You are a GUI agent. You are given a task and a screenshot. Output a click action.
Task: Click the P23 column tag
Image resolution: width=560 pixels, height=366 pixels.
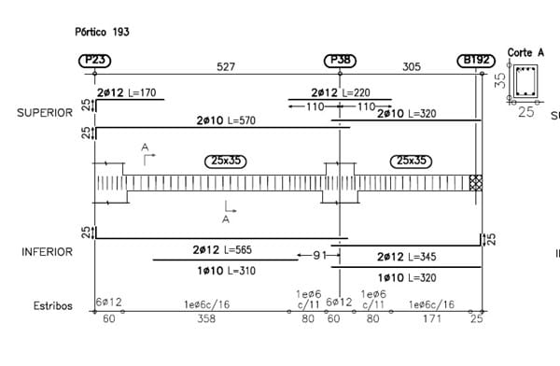click(x=94, y=61)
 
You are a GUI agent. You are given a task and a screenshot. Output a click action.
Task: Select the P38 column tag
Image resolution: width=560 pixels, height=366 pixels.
click(x=340, y=61)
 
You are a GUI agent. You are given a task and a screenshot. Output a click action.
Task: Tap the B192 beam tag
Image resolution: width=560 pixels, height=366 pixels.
click(x=476, y=61)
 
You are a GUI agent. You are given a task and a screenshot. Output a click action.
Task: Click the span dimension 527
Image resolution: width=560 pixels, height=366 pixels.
click(x=226, y=67)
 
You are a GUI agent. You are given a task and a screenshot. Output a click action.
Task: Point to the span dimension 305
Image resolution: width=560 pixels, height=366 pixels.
click(x=412, y=67)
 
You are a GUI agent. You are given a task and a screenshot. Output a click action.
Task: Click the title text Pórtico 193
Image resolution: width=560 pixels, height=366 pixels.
click(x=102, y=32)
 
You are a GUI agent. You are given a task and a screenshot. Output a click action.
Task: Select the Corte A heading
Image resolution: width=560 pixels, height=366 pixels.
click(x=525, y=53)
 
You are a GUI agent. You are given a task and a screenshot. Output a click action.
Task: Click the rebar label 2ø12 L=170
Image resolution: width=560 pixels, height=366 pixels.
click(x=126, y=93)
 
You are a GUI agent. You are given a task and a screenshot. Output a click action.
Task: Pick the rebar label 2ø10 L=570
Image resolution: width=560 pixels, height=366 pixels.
click(x=226, y=120)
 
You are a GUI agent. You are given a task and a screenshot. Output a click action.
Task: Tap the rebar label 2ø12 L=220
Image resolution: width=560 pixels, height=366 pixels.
click(x=341, y=93)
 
